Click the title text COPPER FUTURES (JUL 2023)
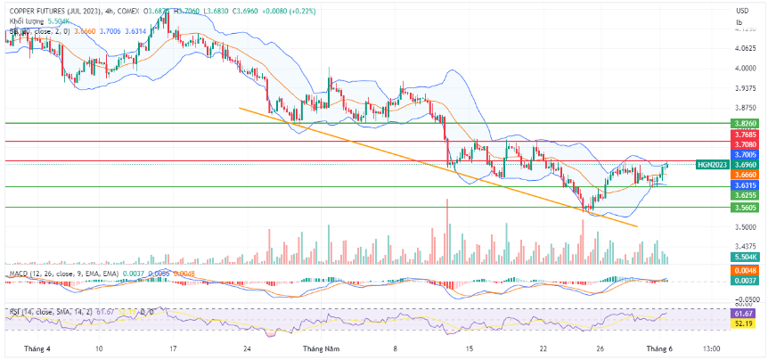[53, 11]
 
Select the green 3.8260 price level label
[741, 123]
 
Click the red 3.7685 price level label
[741, 135]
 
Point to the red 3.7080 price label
[741, 143]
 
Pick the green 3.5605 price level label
[741, 207]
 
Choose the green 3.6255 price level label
[741, 194]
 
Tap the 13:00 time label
[712, 348]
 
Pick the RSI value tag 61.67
[741, 314]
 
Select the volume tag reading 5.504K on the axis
[741, 256]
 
